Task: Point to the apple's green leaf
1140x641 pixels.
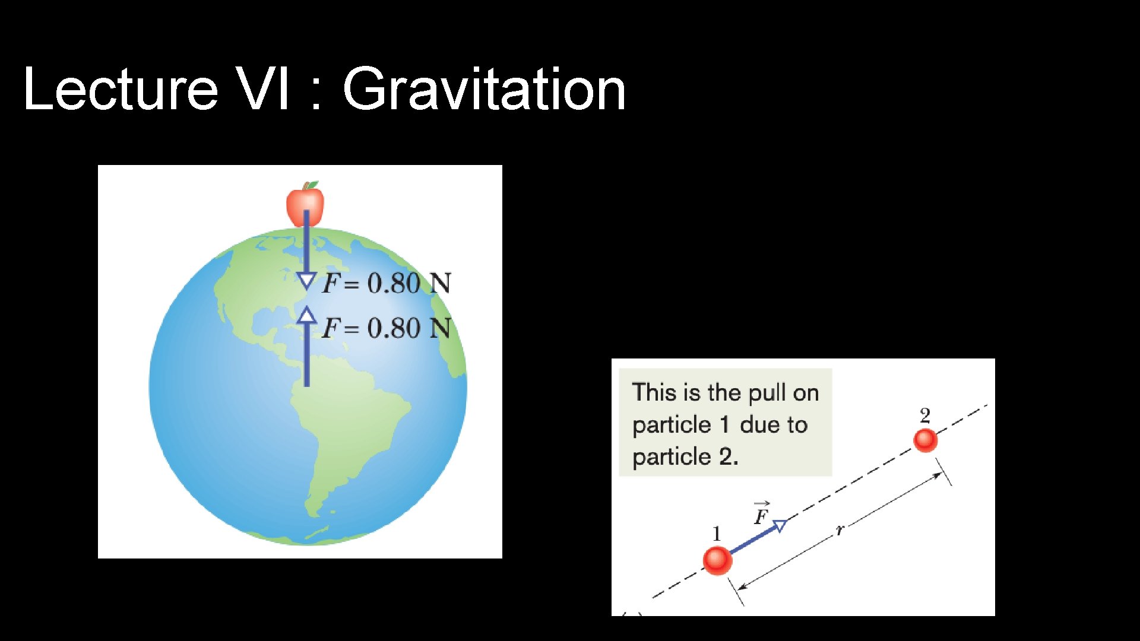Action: coord(312,185)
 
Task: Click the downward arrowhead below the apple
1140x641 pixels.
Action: coord(306,281)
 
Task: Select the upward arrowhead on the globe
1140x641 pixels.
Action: coord(306,315)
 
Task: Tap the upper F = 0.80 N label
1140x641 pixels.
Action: coord(387,283)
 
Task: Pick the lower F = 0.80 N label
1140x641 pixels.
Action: coord(387,328)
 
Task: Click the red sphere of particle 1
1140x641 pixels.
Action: coord(717,560)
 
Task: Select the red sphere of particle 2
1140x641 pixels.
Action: coord(925,440)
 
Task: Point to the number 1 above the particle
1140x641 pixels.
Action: coord(717,534)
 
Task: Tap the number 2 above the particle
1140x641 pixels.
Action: coord(925,415)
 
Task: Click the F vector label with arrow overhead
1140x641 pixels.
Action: coord(761,513)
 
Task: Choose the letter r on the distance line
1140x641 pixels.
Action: coord(840,529)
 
